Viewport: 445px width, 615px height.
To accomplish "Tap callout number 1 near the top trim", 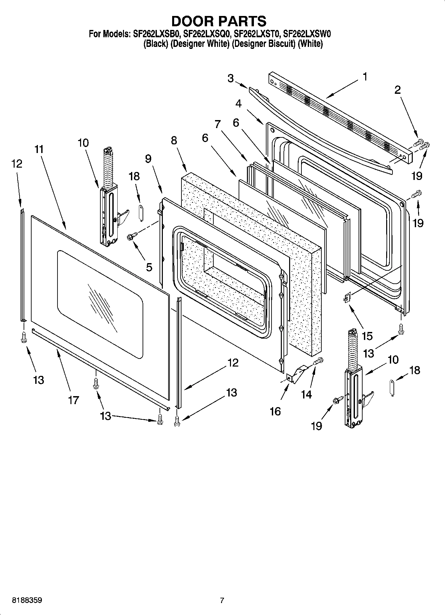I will point(365,77).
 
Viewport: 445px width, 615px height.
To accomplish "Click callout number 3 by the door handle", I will point(231,78).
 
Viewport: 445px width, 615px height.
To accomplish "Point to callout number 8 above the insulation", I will point(174,141).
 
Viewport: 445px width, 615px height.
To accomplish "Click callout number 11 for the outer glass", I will point(39,149).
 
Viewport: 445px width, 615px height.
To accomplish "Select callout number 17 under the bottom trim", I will point(73,400).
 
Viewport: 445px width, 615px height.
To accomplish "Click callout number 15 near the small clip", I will point(367,336).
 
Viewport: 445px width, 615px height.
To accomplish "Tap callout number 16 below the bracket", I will point(276,411).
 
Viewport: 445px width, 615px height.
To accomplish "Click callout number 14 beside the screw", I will point(306,394).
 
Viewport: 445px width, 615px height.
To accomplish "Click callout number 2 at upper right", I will point(397,90).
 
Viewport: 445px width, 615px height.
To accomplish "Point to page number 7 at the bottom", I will point(222,601).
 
